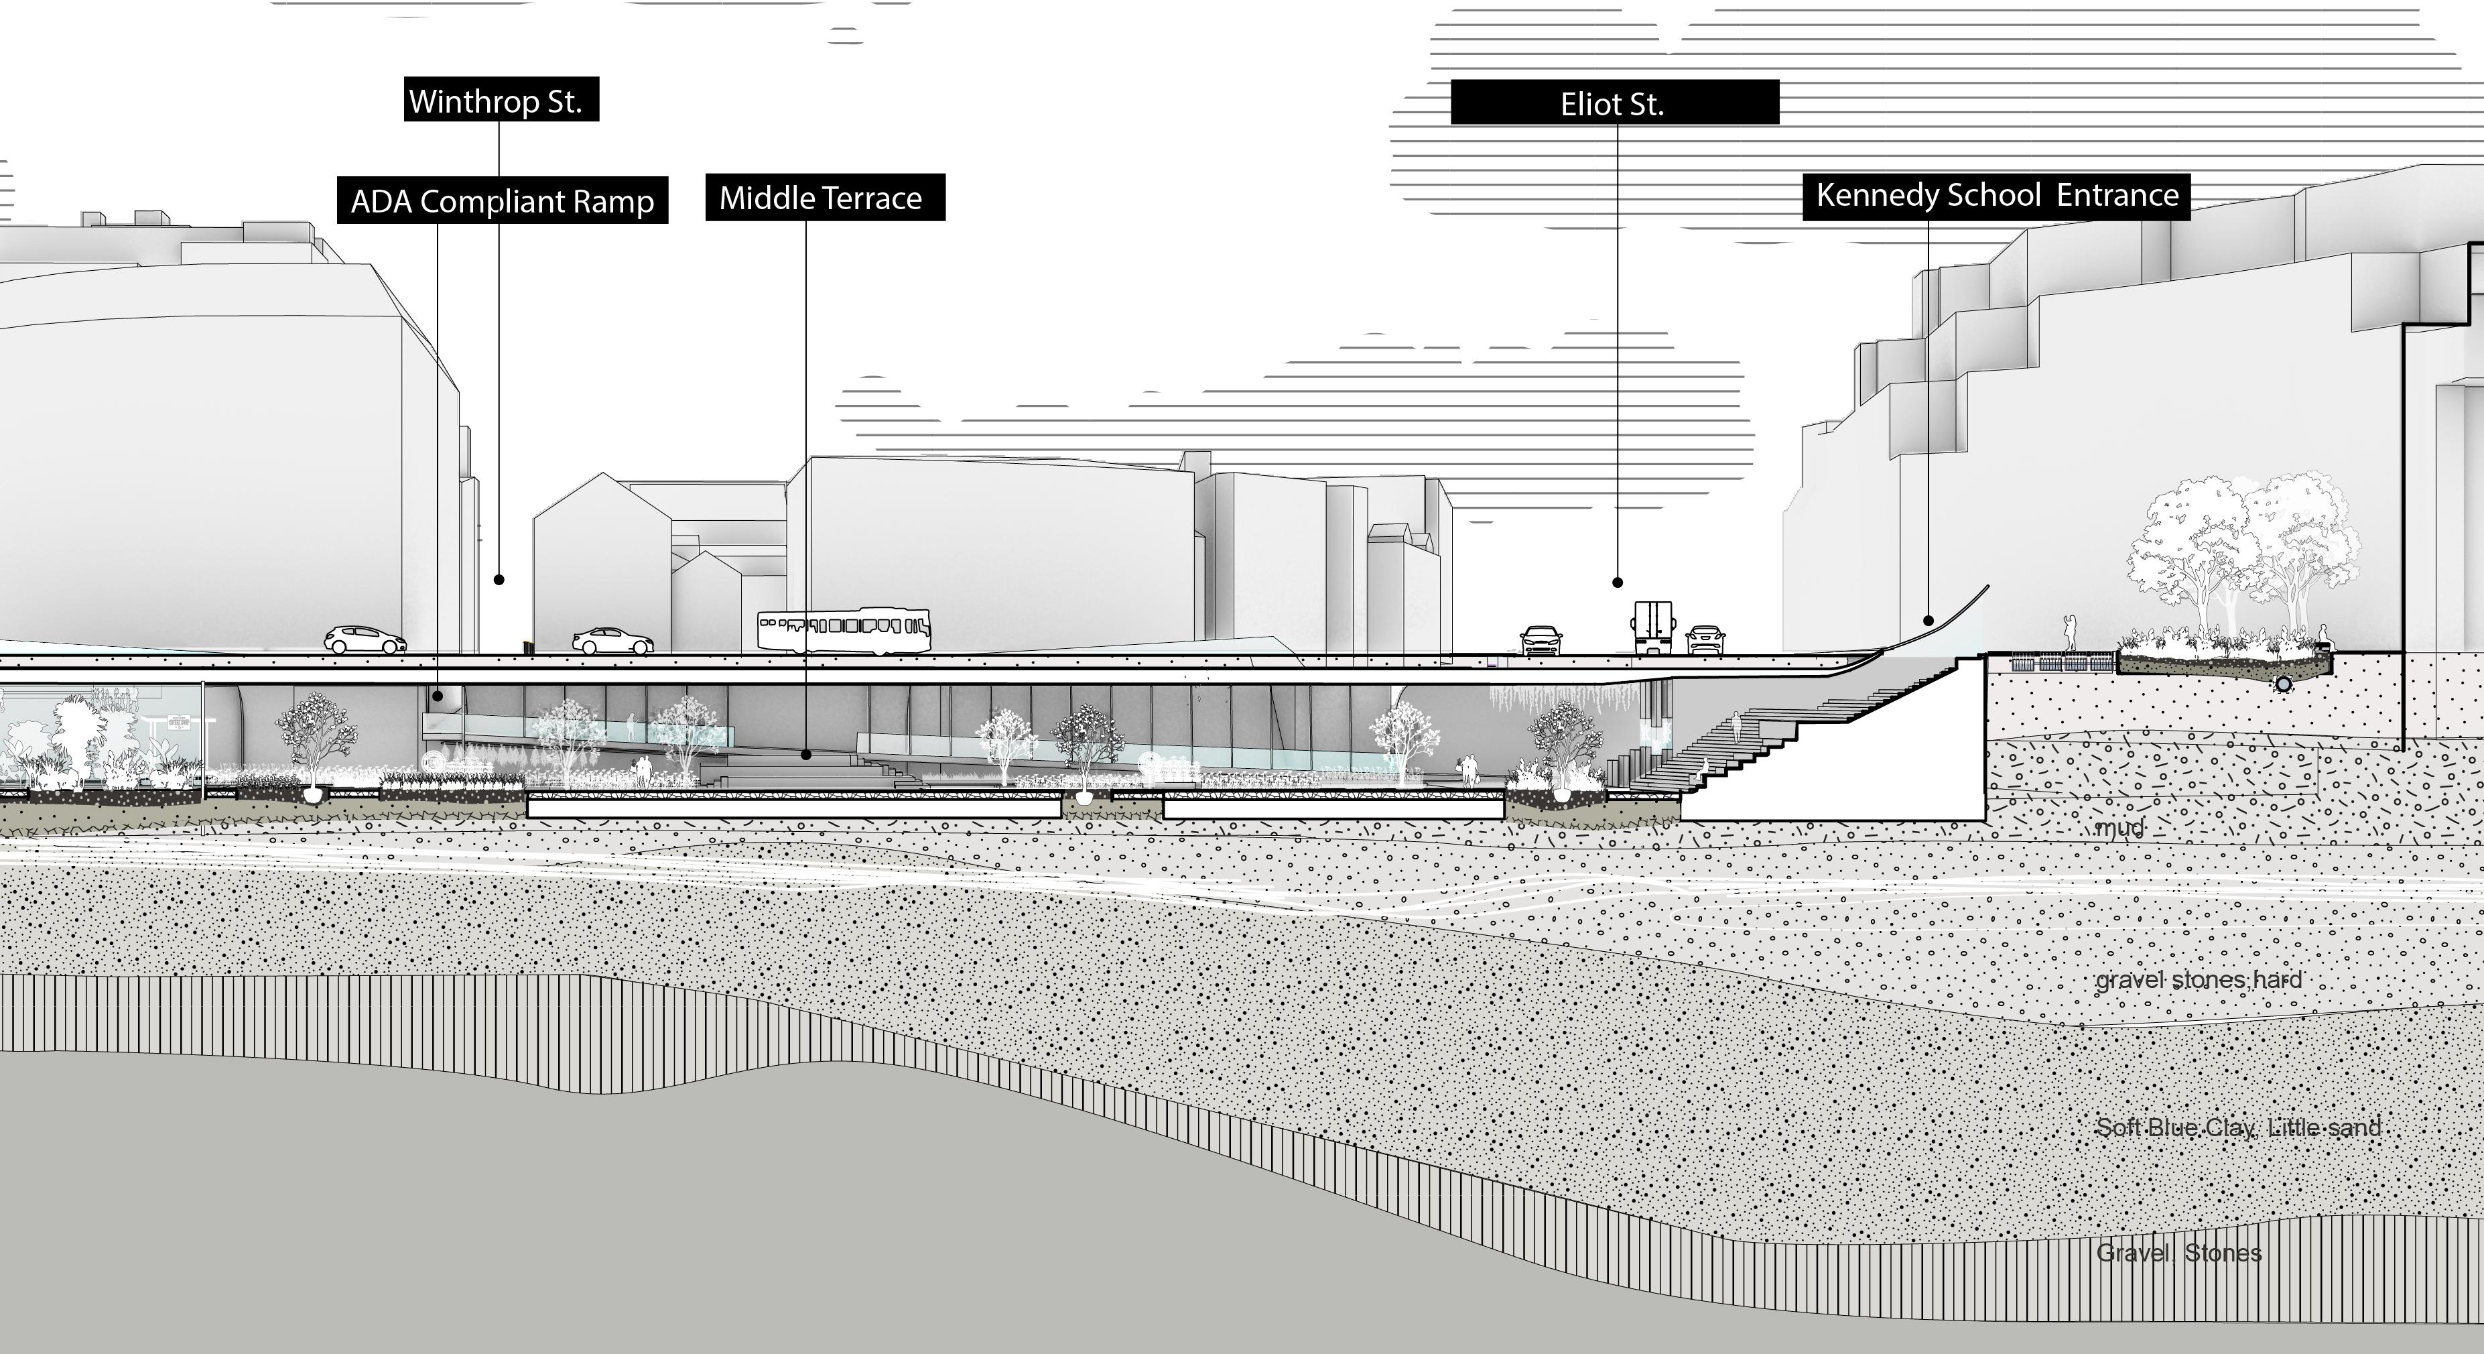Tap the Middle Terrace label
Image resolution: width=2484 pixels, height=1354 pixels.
pyautogui.click(x=824, y=198)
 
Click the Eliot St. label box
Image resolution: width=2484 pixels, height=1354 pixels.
pyautogui.click(x=1614, y=103)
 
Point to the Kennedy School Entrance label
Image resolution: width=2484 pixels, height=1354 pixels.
pyautogui.click(x=1996, y=196)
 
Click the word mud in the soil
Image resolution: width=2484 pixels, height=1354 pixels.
pyautogui.click(x=2119, y=827)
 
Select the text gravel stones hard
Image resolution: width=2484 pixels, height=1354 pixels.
pyautogui.click(x=2199, y=980)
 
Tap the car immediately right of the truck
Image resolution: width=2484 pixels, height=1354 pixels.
pyautogui.click(x=1705, y=639)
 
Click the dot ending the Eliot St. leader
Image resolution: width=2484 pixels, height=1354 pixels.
pyautogui.click(x=1617, y=582)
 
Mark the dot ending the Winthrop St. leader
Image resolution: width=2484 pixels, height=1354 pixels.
pyautogui.click(x=499, y=580)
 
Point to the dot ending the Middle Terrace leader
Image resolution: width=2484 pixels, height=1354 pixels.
pyautogui.click(x=807, y=755)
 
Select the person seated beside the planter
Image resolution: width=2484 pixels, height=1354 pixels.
pyautogui.click(x=2323, y=637)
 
